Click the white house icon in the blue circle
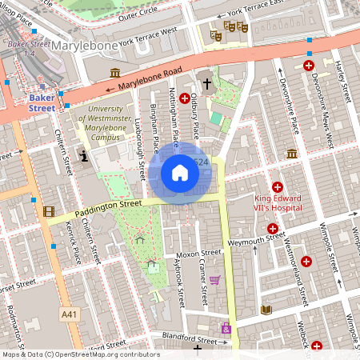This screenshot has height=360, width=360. point(180,172)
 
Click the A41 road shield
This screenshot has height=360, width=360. point(70,315)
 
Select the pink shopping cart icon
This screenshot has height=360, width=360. point(214,280)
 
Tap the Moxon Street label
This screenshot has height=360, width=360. point(192,254)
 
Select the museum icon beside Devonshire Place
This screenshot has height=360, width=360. point(292,153)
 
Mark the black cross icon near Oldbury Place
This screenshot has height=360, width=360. point(206,82)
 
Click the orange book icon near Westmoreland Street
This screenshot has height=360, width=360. point(266,310)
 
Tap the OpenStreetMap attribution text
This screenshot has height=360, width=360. point(81,354)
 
